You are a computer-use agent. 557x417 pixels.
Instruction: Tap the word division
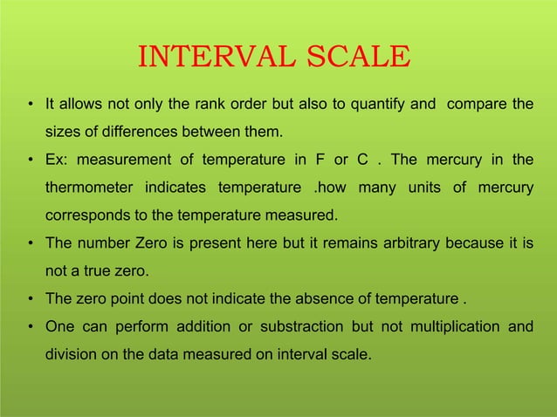tap(69, 354)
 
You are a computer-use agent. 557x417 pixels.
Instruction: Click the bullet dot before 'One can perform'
tap(31, 326)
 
